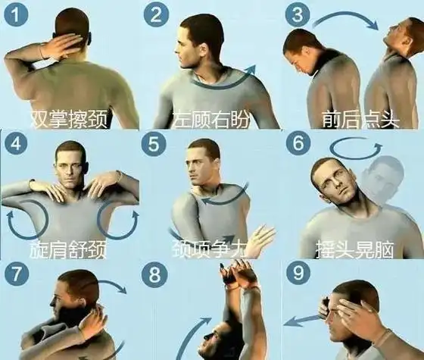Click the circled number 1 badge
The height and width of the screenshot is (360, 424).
click(16, 15)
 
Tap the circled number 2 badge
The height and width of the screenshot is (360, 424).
click(156, 15)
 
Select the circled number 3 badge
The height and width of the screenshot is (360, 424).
click(298, 15)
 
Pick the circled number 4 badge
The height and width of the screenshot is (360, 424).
click(16, 144)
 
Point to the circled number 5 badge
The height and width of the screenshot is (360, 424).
click(153, 144)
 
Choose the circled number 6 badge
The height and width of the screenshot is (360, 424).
click(298, 142)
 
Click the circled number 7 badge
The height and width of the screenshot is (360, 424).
click(16, 274)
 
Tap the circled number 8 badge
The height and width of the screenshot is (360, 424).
click(154, 274)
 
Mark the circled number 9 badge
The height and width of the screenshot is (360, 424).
click(298, 274)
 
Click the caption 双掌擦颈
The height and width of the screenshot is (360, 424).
click(69, 119)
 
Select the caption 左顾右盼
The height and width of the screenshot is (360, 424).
click(211, 119)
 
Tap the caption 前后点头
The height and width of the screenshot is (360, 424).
click(360, 119)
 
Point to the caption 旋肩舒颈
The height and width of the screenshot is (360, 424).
click(68, 249)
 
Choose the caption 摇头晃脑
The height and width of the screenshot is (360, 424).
click(355, 249)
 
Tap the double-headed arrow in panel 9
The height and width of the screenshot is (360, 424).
click(303, 319)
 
